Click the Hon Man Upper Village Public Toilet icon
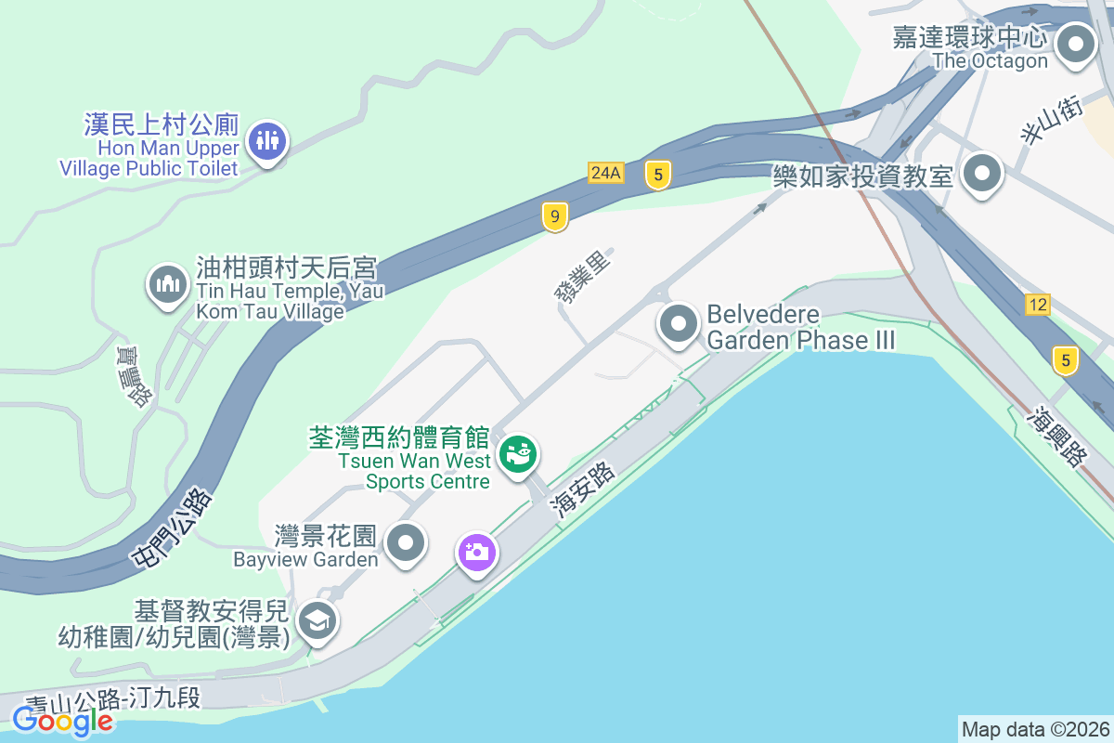click(267, 142)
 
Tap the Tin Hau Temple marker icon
click(168, 283)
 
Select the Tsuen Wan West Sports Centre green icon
click(518, 453)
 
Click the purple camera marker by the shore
click(477, 552)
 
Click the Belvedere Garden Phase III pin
click(679, 325)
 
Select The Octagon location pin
click(1076, 44)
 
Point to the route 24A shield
click(605, 172)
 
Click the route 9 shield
click(555, 218)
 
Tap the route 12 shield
click(1038, 304)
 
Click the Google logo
click(63, 720)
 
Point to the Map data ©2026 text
click(1035, 729)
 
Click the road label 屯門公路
click(173, 528)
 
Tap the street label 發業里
click(583, 276)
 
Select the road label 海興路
click(1057, 436)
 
